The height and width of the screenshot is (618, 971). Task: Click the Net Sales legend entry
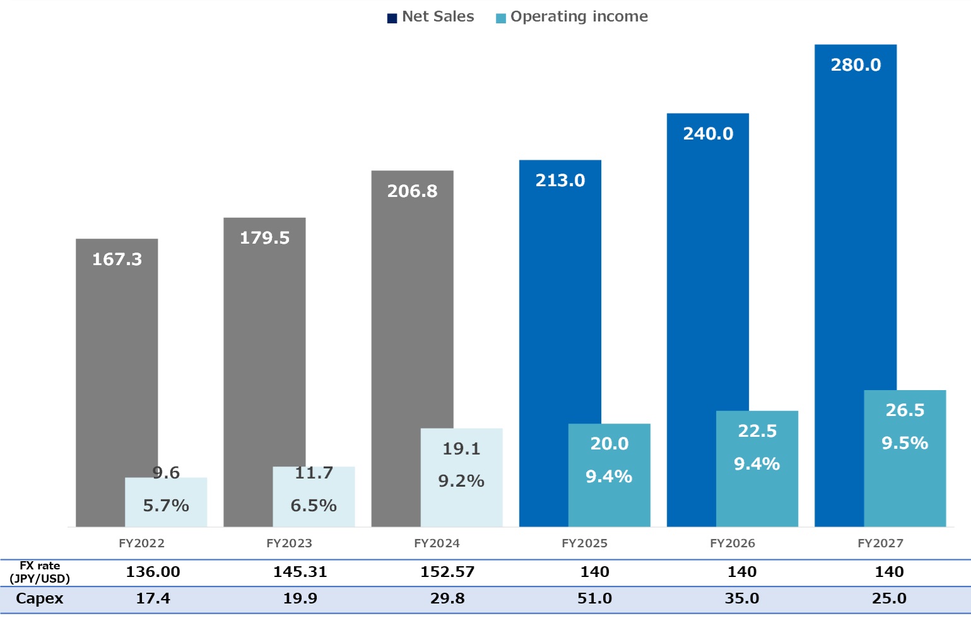pyautogui.click(x=431, y=17)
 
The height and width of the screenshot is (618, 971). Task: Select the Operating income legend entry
pyautogui.click(x=572, y=17)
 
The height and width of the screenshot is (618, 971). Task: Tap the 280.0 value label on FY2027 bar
pyautogui.click(x=856, y=65)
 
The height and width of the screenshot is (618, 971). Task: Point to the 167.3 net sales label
pyautogui.click(x=117, y=259)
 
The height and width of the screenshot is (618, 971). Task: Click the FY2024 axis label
pyautogui.click(x=437, y=544)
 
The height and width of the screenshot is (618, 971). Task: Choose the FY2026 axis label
pyautogui.click(x=732, y=544)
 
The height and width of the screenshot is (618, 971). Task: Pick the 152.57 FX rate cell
pyautogui.click(x=447, y=572)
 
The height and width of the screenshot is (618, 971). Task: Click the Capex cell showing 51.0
pyautogui.click(x=594, y=598)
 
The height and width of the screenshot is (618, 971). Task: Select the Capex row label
pyautogui.click(x=40, y=598)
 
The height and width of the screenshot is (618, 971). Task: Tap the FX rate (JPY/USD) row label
pyautogui.click(x=40, y=572)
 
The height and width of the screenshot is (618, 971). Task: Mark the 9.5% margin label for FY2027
pyautogui.click(x=905, y=443)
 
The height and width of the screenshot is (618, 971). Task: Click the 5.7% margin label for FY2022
pyautogui.click(x=166, y=506)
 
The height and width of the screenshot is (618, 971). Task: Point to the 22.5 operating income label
pyautogui.click(x=757, y=431)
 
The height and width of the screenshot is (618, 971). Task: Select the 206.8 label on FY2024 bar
pyautogui.click(x=412, y=191)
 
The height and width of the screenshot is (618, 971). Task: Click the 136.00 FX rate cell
pyautogui.click(x=153, y=572)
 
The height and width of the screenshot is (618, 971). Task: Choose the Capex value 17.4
pyautogui.click(x=153, y=598)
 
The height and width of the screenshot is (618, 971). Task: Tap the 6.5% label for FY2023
pyautogui.click(x=314, y=506)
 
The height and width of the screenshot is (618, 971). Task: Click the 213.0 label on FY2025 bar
pyautogui.click(x=560, y=181)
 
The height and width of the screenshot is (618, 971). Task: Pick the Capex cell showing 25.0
pyautogui.click(x=889, y=598)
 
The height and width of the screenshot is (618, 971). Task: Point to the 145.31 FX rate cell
pyautogui.click(x=300, y=572)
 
